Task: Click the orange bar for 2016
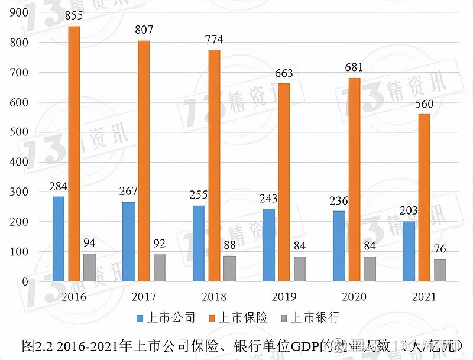point(74,154)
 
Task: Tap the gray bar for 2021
point(440,270)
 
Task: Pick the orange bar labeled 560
point(424,197)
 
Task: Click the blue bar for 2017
point(128,242)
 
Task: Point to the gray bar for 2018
point(229,268)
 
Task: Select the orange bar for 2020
point(354,180)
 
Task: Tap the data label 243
point(269,197)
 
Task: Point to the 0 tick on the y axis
point(25,282)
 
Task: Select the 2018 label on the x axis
point(213,296)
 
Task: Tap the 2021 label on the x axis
point(424,296)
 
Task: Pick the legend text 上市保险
point(244,318)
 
